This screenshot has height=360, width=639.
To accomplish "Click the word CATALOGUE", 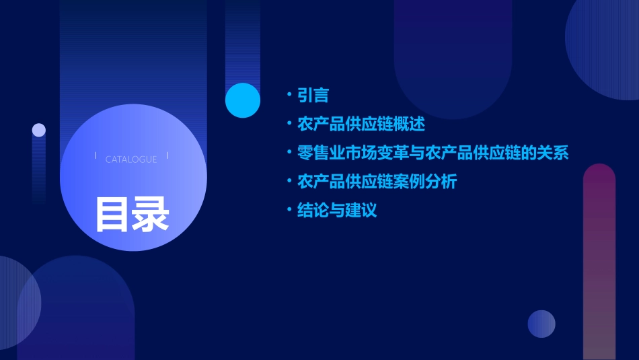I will tap(131, 159).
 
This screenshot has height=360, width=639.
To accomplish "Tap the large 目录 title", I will tap(132, 214).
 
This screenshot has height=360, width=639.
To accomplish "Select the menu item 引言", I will tap(313, 95).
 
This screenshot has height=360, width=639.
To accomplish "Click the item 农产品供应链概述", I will tap(361, 124).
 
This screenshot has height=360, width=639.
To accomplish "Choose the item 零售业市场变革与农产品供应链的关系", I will tap(433, 153).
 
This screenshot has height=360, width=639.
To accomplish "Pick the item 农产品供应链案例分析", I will tap(377, 182).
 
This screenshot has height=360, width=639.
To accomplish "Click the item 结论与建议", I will tap(337, 210).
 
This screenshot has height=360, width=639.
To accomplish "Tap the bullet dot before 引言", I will tap(289, 95).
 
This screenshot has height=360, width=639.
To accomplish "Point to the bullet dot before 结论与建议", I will tap(289, 210).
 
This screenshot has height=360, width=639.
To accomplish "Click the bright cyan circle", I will tap(243, 100).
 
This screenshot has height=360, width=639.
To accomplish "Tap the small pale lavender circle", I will tap(39, 130).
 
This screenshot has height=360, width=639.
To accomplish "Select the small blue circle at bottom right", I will tap(541, 324).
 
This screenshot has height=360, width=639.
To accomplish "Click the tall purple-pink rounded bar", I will tap(599, 262).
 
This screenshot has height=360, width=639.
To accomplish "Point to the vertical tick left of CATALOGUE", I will tap(95, 156).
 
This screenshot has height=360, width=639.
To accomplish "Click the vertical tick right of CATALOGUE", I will tap(167, 156).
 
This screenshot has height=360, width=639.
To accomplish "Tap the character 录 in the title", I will tap(150, 214).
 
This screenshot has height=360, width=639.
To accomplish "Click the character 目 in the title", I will tap(112, 214).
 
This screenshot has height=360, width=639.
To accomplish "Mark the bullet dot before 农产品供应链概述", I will tap(289, 124).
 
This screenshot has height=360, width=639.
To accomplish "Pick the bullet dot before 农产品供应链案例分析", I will tap(289, 182).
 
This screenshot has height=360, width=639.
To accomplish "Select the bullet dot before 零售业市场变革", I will tap(289, 153).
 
